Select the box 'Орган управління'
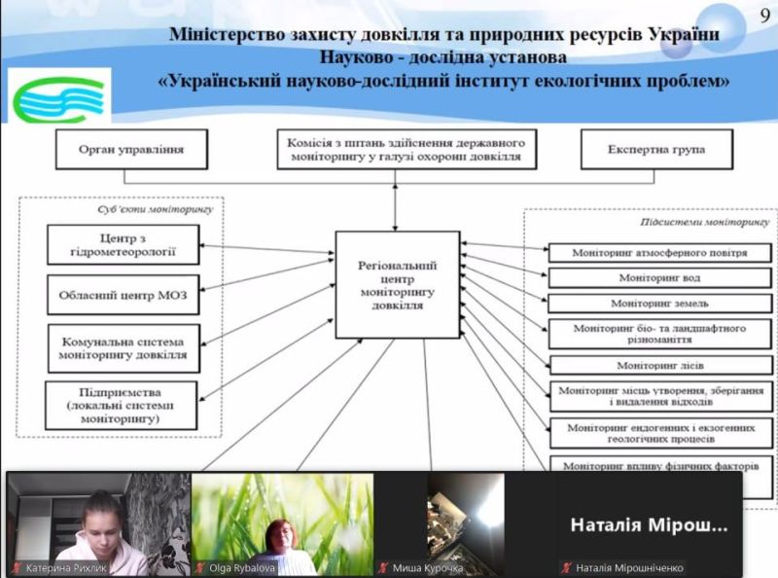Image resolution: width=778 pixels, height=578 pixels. [x=131, y=151]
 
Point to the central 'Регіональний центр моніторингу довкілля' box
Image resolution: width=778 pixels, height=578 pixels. [x=396, y=285]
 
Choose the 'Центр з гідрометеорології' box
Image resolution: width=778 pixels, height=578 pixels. [x=123, y=244]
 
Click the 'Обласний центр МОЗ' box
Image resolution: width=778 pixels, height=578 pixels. [x=123, y=295]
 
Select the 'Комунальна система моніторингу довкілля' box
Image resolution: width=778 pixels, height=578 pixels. [x=123, y=348]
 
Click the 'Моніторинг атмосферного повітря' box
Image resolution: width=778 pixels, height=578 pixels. [x=659, y=252]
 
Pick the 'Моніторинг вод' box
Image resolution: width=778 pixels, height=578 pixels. [x=659, y=277]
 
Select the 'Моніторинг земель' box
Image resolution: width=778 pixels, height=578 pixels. [x=659, y=304]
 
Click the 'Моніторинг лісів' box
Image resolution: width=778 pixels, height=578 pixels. [x=659, y=365]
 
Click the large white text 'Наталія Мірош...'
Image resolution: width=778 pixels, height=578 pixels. [x=648, y=525]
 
